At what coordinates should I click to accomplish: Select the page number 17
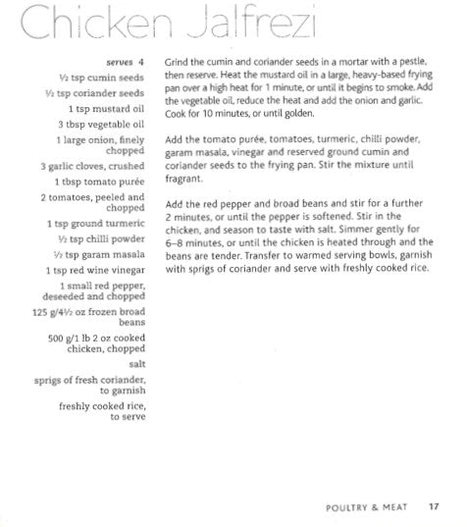[433, 507]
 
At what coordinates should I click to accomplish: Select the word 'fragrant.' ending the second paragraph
[185, 181]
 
